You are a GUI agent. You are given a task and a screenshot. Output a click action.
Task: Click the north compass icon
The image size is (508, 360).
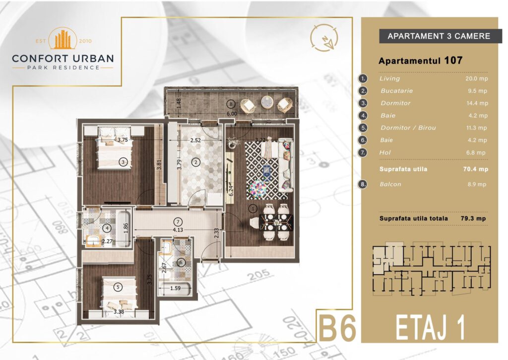tap(324, 38)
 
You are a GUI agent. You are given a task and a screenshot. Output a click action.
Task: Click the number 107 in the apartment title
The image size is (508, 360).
tap(453, 60)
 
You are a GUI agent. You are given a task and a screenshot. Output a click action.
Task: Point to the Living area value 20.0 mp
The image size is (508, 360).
tap(476, 78)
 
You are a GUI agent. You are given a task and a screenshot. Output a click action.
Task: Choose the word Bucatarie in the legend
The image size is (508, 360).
tap(396, 91)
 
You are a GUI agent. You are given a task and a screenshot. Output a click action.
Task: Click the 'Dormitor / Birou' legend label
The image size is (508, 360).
tap(408, 128)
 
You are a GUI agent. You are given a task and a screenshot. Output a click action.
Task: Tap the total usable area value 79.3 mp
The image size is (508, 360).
tap(473, 218)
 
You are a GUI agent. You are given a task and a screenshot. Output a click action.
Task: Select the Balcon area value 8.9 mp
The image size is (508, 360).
tap(477, 184)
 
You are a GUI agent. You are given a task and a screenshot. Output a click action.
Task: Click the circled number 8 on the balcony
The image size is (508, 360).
tap(231, 104)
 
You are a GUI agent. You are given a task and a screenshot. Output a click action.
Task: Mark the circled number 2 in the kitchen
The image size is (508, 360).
tap(195, 162)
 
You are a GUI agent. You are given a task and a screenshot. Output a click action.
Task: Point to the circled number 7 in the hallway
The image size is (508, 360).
tap(178, 222)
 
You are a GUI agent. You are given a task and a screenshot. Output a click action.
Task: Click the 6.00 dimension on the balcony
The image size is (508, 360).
tap(232, 114)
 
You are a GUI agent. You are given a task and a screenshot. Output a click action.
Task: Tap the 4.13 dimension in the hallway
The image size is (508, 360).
tap(178, 229)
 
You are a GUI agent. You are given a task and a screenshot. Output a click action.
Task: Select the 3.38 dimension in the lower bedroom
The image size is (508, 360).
tap(119, 312)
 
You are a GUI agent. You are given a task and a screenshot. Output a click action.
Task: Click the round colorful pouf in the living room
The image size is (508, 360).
tap(258, 188)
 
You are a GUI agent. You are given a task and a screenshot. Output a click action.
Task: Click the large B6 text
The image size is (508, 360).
tap(338, 328)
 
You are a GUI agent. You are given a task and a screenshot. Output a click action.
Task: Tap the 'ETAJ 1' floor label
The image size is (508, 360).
tap(431, 328)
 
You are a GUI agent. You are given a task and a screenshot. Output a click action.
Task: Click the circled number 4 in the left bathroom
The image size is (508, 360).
tap(107, 228)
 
